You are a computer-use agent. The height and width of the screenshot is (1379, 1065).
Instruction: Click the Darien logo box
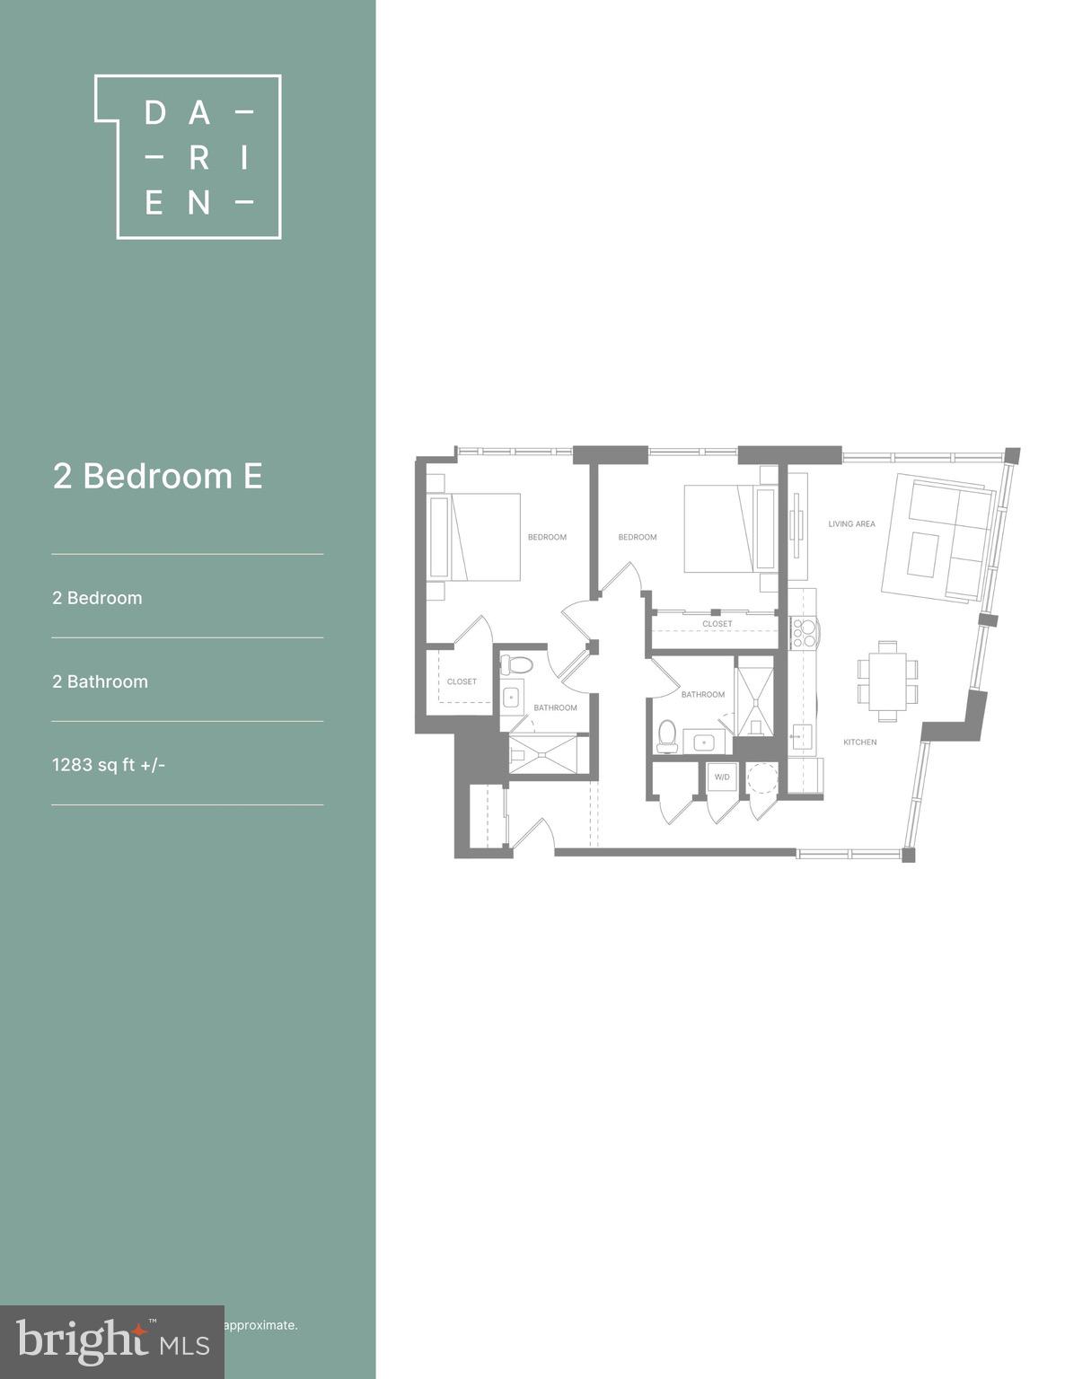(x=189, y=156)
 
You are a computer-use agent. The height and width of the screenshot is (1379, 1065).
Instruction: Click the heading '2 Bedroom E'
(x=157, y=476)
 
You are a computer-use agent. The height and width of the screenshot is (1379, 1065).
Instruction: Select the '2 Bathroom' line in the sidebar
(x=100, y=681)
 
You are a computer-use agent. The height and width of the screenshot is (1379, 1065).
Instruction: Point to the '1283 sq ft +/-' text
(x=109, y=765)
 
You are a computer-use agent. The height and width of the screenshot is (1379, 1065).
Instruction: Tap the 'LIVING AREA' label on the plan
(x=851, y=524)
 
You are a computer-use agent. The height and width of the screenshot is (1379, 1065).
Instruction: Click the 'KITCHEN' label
(x=859, y=742)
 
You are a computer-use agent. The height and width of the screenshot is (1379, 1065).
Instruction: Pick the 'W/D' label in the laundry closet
(x=722, y=777)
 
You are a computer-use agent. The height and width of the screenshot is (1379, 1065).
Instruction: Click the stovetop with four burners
(x=802, y=633)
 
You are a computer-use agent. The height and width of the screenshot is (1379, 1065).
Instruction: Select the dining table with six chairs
(x=887, y=681)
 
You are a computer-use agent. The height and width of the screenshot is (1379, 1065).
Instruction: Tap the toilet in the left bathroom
(x=516, y=665)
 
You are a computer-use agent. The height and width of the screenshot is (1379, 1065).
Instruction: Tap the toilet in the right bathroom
(x=666, y=735)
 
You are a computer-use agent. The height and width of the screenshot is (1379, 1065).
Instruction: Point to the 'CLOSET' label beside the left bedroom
(x=462, y=681)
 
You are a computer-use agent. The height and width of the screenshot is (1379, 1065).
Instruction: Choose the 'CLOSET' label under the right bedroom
(x=717, y=624)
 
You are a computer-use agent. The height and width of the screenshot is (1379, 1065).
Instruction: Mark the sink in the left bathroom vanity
(x=512, y=697)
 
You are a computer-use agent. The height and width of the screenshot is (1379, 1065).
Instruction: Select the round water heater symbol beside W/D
(x=762, y=777)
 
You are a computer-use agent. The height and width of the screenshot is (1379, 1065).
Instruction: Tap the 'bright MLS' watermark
(x=112, y=1341)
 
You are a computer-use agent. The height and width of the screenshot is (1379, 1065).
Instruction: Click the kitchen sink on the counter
(x=801, y=737)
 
